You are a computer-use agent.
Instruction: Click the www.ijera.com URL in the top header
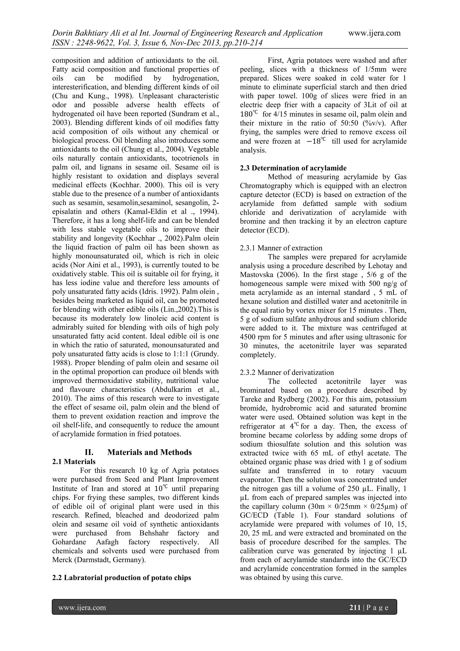coord(374,33)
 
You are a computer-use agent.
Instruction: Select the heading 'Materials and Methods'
coord(149,452)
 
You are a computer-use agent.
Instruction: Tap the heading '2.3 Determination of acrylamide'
coord(293,168)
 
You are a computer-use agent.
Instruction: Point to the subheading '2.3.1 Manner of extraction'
coord(281,248)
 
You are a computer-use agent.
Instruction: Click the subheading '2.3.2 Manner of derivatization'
coord(287,372)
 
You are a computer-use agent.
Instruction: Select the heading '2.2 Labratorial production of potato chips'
coord(122,577)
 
